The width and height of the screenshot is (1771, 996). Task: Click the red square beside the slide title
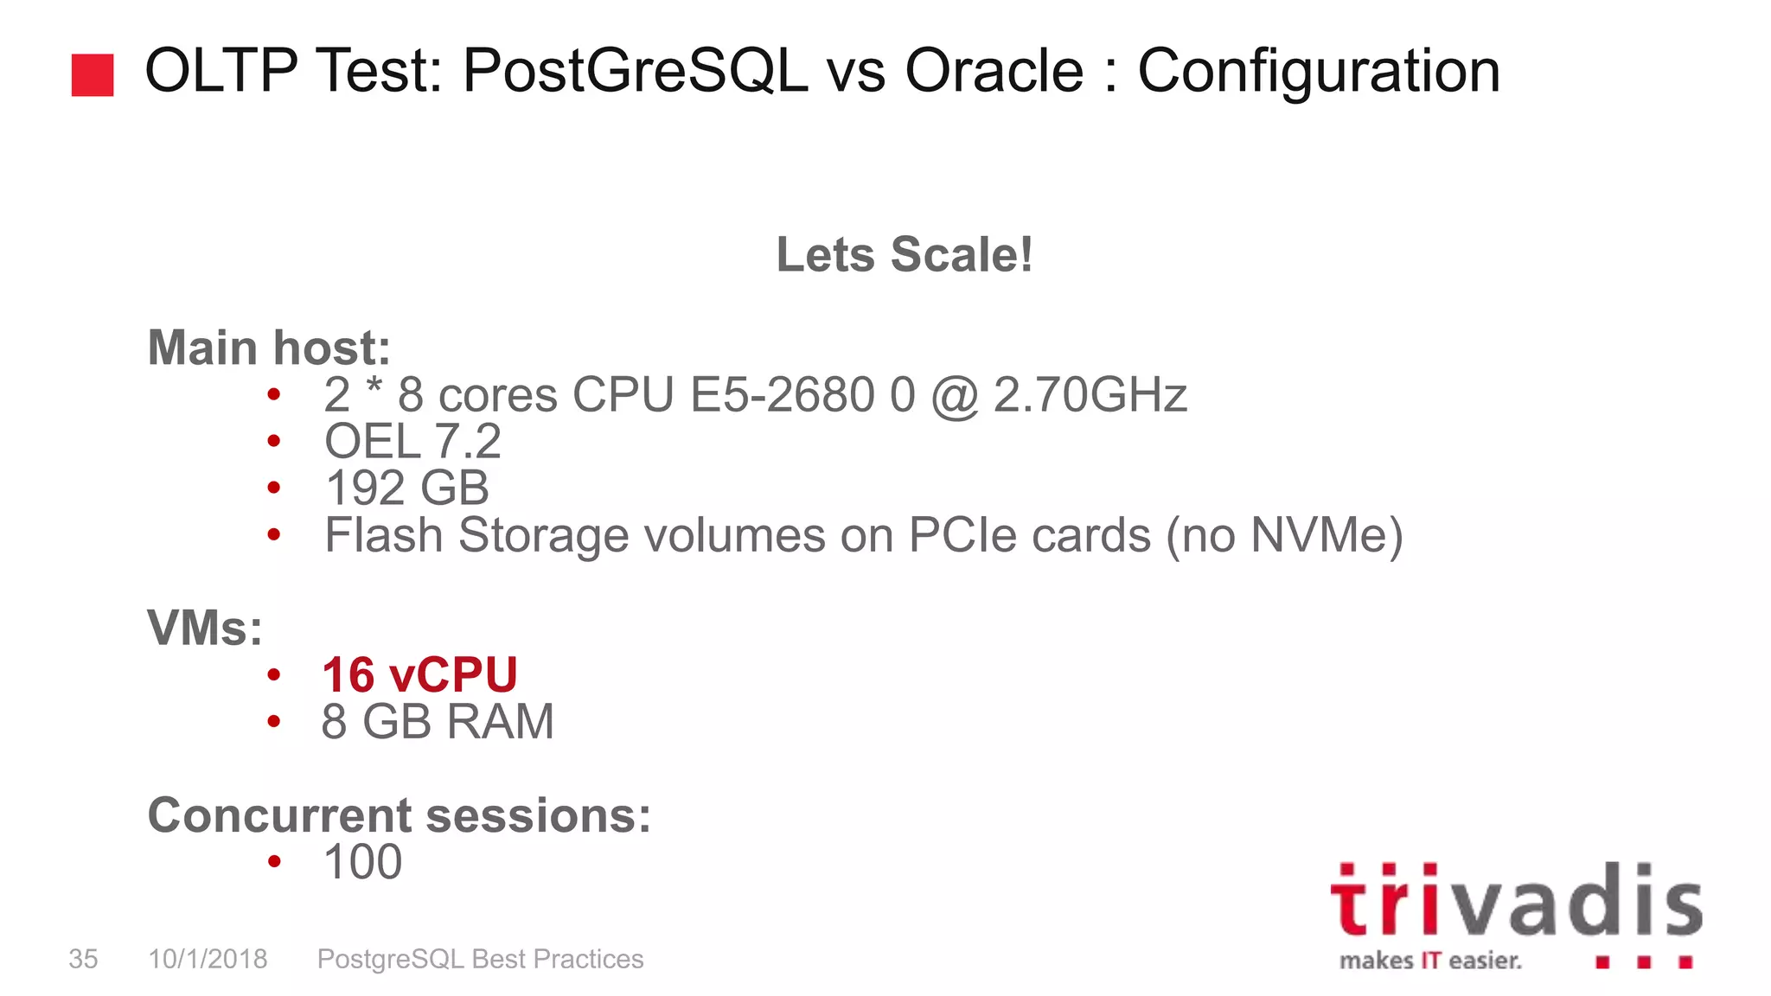pos(93,74)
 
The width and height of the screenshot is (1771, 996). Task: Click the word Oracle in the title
pos(994,71)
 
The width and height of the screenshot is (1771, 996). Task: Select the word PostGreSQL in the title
pos(636,71)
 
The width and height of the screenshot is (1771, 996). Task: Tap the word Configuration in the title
pos(1318,73)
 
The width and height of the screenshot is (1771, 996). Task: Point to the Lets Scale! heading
pos(904,254)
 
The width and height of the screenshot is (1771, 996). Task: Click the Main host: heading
pos(269,348)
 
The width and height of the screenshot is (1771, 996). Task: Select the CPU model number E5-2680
pos(783,395)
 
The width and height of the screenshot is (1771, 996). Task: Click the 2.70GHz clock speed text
pos(1090,395)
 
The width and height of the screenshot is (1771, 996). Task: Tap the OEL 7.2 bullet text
pos(412,442)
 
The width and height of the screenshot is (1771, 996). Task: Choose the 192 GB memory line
pos(406,488)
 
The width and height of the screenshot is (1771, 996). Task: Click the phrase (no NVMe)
pos(1284,535)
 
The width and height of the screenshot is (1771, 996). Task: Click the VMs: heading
pos(205,628)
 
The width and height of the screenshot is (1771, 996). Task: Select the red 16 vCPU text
pos(419,674)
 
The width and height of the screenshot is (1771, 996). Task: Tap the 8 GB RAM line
pos(438,721)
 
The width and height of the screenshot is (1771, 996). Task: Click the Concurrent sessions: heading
pos(399,814)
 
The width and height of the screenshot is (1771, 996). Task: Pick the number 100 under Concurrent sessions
pos(362,862)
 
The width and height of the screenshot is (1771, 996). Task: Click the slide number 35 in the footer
pos(83,959)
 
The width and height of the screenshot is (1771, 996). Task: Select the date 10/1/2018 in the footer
pos(208,959)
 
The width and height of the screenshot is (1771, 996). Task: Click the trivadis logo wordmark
pos(1515,901)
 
